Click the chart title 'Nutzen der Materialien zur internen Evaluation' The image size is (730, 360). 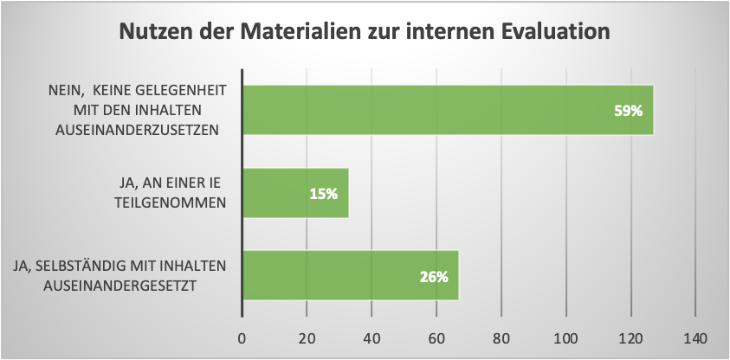pos(365,32)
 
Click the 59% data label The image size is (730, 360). pos(628,111)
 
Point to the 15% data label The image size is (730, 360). pos(323,194)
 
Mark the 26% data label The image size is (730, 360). pos(433,277)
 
